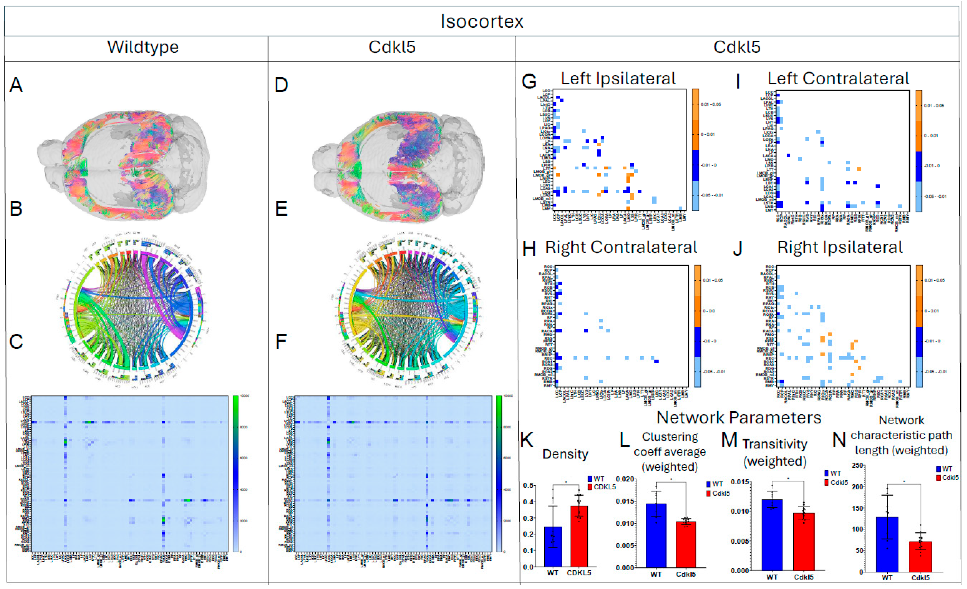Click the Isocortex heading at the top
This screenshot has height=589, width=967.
click(x=482, y=21)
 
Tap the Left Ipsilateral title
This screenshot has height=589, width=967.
click(x=618, y=78)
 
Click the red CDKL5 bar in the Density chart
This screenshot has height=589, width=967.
click(x=578, y=536)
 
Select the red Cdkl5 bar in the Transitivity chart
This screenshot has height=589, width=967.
click(x=803, y=542)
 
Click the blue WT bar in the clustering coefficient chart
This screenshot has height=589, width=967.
click(x=656, y=535)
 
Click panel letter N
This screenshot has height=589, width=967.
click(x=839, y=440)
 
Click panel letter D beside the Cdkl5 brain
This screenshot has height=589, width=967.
click(x=281, y=85)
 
